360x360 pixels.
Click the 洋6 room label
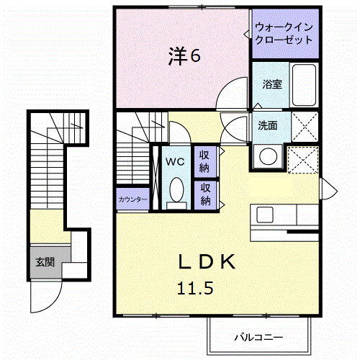185,55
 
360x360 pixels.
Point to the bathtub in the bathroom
304,86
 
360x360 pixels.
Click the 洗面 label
268,125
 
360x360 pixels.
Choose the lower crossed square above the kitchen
303,157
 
